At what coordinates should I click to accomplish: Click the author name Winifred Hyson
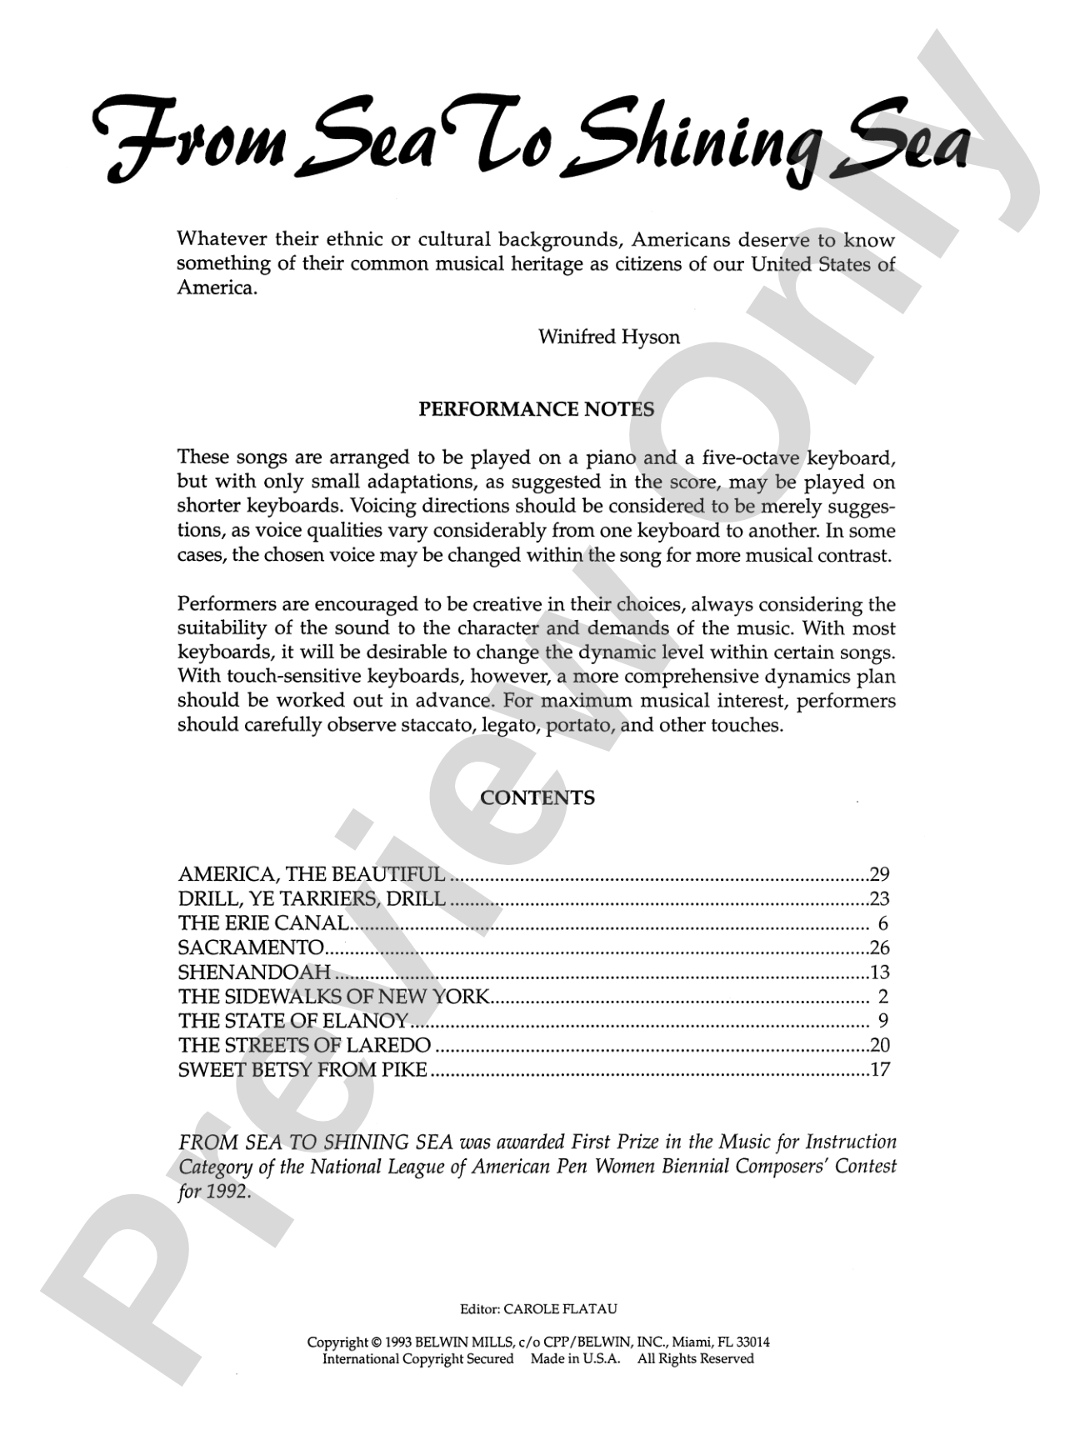pyautogui.click(x=608, y=337)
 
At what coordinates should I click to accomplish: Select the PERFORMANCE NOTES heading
pyautogui.click(x=536, y=409)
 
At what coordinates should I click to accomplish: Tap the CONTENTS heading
pyautogui.click(x=537, y=797)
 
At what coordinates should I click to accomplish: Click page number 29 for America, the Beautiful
pyautogui.click(x=879, y=874)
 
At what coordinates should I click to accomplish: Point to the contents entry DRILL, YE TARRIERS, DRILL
pyautogui.click(x=312, y=898)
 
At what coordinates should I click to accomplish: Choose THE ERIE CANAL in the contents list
pyautogui.click(x=263, y=923)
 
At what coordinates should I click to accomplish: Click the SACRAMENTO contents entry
pyautogui.click(x=251, y=947)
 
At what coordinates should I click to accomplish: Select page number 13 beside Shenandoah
pyautogui.click(x=879, y=972)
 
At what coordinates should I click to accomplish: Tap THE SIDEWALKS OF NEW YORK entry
pyautogui.click(x=333, y=997)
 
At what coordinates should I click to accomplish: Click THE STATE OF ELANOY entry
pyautogui.click(x=293, y=1021)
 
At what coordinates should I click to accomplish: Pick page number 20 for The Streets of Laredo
pyautogui.click(x=879, y=1045)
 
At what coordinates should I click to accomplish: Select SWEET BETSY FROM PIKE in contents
pyautogui.click(x=302, y=1070)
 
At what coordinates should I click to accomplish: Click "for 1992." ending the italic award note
pyautogui.click(x=214, y=1192)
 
